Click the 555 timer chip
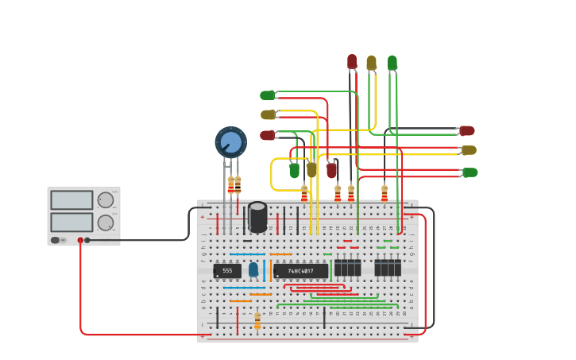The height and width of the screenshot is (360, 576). coord(227,271)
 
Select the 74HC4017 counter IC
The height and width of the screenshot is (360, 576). coord(300,271)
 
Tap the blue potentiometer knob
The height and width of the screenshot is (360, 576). coord(230,142)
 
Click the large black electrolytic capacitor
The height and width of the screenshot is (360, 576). coord(257,217)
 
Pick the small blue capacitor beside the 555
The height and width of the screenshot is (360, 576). coord(253,269)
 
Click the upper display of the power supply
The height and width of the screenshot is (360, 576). coord(72,199)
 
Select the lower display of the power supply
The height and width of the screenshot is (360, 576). coord(72,222)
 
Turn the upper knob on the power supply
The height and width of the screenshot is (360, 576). coord(105,199)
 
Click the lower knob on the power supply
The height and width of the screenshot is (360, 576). coord(105,223)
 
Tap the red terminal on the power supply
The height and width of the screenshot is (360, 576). coord(80,239)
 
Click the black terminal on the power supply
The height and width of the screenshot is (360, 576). coord(87,239)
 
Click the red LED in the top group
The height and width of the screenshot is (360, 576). coord(352,61)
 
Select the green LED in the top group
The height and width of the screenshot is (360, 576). coord(392,62)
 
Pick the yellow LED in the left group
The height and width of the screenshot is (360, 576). coord(268,114)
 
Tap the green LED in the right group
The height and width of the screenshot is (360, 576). coord(470,172)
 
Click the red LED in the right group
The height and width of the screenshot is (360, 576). coord(467,130)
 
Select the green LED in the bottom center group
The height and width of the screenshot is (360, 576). coord(294,170)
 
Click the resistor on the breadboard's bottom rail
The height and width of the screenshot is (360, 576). coord(257,320)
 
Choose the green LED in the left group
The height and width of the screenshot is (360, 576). coord(267,95)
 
